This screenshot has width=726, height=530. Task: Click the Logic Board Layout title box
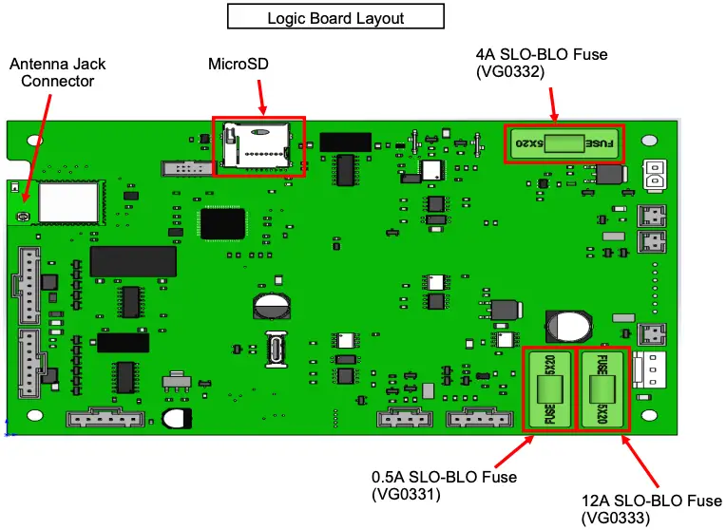[335, 18]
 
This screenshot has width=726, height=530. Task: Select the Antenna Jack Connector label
[58, 72]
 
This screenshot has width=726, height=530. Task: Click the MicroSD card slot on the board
[259, 146]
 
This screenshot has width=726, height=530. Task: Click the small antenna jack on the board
[21, 218]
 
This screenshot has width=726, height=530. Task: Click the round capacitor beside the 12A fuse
[572, 326]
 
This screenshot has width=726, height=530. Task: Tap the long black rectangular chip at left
[132, 261]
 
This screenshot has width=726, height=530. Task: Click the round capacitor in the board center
[272, 306]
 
